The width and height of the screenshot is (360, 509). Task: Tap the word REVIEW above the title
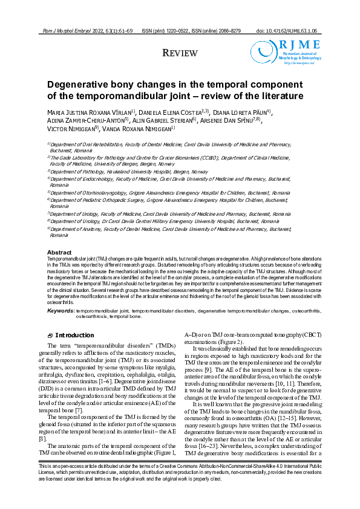coord(180,54)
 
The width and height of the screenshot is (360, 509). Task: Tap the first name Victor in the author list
coord(59,128)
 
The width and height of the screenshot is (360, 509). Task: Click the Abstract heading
coord(59,252)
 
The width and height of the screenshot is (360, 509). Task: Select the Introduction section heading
coord(74,335)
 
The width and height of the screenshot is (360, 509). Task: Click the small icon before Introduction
coord(50,336)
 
